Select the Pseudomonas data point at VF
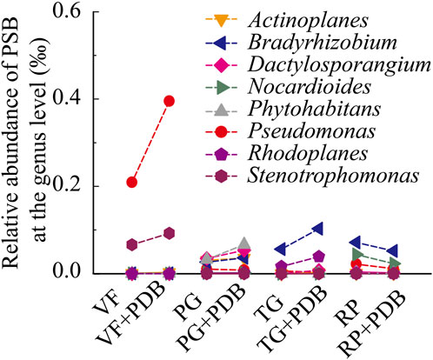131,182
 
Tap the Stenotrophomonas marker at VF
131,245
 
